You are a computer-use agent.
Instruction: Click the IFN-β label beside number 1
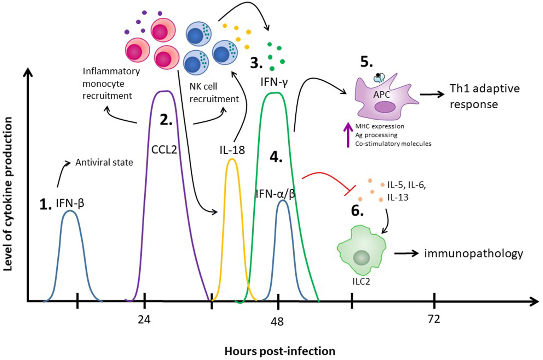[x=70, y=203]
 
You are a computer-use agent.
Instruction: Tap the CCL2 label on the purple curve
[x=164, y=150]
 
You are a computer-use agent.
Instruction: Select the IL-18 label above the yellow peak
[x=232, y=150]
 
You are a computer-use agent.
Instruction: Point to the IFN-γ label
[x=274, y=83]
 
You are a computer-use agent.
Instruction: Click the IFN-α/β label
[x=276, y=194]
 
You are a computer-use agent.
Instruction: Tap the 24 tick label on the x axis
[x=144, y=320]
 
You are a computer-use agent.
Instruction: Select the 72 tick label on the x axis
[x=434, y=319]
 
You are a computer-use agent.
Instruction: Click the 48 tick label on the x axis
[x=277, y=321]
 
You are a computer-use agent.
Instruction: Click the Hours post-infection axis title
[x=280, y=351]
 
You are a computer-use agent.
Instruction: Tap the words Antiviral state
[x=104, y=162]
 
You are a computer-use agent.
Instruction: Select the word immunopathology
[x=473, y=253]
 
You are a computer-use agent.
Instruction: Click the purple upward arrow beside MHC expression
[x=348, y=135]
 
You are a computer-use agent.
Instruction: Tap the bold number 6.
[x=357, y=211]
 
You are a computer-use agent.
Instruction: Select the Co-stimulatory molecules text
[x=393, y=144]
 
